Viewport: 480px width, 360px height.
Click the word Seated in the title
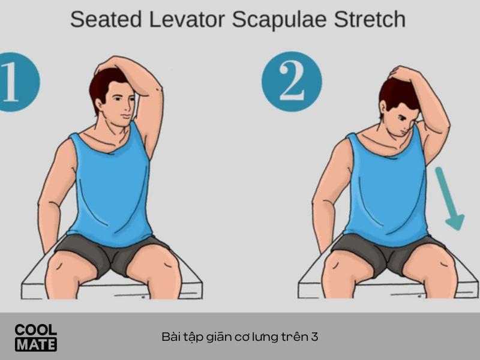click(106, 19)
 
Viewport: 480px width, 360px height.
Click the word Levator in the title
click(187, 19)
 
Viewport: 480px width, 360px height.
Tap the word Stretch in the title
click(370, 19)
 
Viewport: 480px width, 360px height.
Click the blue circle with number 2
click(292, 82)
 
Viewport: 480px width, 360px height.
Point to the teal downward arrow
click(449, 199)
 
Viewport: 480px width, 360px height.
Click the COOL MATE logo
click(36, 337)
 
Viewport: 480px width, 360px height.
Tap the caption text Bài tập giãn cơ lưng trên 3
click(239, 337)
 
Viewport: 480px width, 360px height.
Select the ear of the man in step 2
click(383, 108)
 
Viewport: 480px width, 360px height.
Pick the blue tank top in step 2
click(387, 187)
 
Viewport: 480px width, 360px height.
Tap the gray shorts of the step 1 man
click(112, 253)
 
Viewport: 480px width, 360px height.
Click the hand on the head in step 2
click(400, 73)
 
